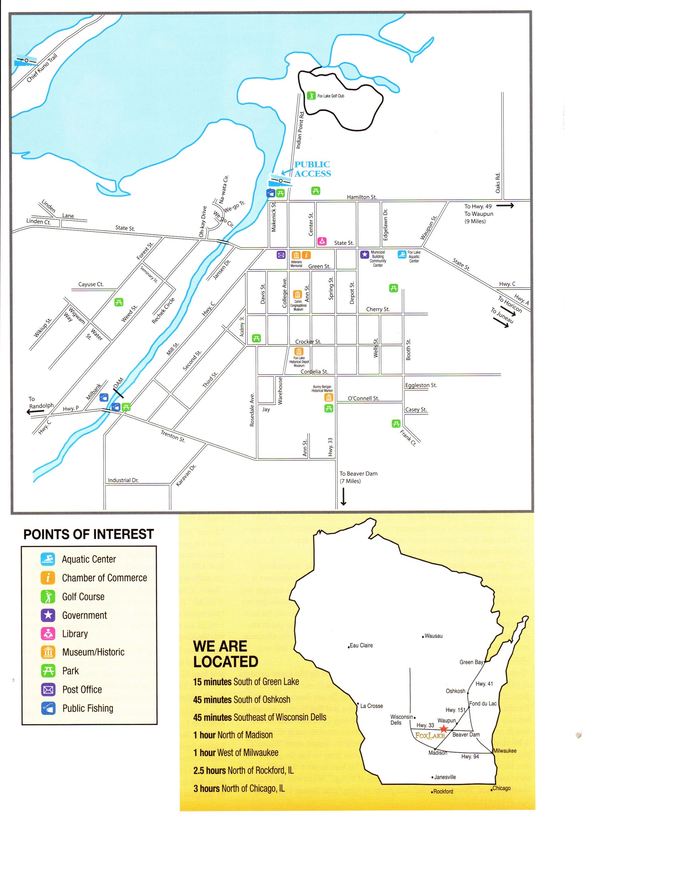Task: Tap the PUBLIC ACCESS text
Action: coord(313,169)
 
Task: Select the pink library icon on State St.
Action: coord(321,241)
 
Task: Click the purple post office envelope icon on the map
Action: coord(281,255)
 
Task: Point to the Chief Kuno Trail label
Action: coord(42,68)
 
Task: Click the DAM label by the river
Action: coord(118,383)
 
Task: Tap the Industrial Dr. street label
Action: coord(123,480)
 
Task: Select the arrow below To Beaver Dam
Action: coord(343,496)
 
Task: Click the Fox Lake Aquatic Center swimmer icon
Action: coord(402,254)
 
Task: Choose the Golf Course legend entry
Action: coord(83,597)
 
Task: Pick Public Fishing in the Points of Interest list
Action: coord(87,708)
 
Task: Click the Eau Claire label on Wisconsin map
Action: coord(361,646)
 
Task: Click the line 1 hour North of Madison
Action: coord(233,735)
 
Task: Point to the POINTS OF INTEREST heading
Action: coord(89,534)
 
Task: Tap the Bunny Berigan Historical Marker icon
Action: coord(329,397)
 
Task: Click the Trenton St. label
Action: coord(173,436)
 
